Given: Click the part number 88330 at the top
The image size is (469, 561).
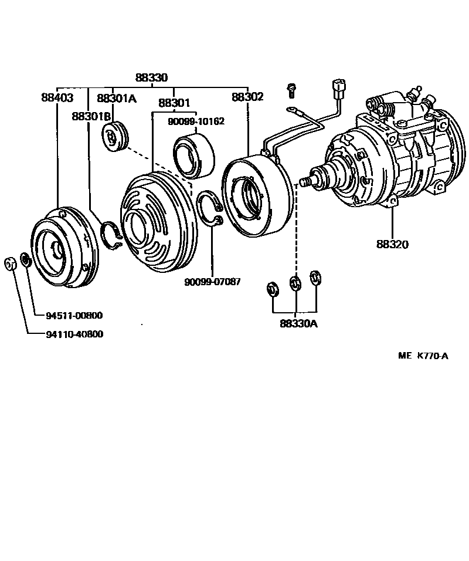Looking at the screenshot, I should pos(151,77).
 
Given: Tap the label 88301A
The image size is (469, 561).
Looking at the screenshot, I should pos(116,98).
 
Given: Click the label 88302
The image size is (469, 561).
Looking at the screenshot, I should pos(247,96).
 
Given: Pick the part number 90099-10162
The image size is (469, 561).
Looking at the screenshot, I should pos(196,121).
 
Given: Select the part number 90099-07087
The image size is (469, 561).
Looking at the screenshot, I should pos(212,282).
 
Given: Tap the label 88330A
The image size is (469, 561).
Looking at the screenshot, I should pos(298,323).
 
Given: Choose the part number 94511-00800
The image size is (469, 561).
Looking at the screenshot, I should pos(74,316).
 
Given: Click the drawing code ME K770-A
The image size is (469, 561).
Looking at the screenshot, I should pos(423,355).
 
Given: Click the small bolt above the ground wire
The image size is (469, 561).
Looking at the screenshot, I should pos(291,90).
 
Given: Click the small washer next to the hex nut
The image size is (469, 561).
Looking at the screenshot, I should pos(25,258).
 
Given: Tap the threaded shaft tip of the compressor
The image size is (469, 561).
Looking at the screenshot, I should pos(304,181).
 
